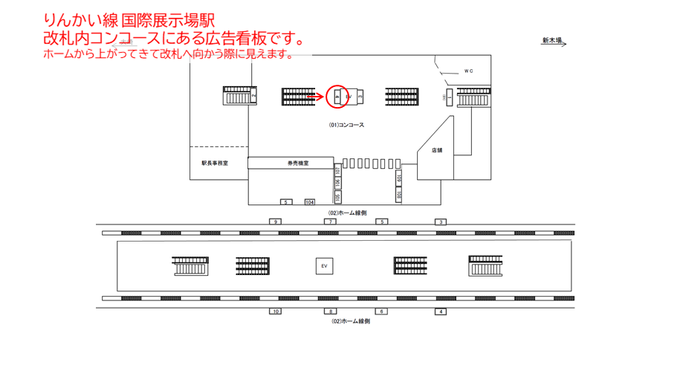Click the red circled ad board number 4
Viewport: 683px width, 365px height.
(x=337, y=97)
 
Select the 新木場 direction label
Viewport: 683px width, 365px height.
(x=551, y=41)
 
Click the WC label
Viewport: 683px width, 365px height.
(x=468, y=71)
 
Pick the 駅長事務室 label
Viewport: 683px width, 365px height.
(x=215, y=163)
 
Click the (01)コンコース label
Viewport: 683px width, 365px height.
(x=346, y=125)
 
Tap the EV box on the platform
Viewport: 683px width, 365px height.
(x=324, y=265)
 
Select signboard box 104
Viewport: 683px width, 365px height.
(x=309, y=202)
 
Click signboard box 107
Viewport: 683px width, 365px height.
(x=337, y=170)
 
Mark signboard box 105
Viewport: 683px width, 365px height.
(x=337, y=197)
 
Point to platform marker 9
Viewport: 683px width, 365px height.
(x=276, y=222)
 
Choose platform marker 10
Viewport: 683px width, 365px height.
(x=276, y=311)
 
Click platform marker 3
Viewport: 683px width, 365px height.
(x=441, y=222)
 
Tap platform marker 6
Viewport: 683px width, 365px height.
(x=381, y=311)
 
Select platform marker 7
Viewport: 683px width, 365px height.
(x=331, y=222)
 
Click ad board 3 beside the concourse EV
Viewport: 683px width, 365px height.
(x=360, y=97)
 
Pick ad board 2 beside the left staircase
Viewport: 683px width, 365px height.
(x=253, y=96)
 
